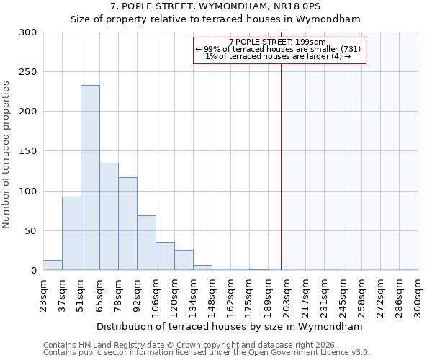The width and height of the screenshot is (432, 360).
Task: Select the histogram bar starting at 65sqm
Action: (109, 217)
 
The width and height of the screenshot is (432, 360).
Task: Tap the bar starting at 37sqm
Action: (71, 233)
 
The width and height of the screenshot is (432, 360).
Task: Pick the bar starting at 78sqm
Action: (127, 224)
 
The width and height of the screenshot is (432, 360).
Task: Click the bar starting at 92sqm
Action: (146, 243)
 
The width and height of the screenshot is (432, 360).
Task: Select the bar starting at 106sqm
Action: (165, 256)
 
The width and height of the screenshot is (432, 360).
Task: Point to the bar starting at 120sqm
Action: (184, 260)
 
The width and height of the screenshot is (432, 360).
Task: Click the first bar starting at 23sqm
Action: (53, 265)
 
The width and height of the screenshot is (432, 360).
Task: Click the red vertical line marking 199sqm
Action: (281, 166)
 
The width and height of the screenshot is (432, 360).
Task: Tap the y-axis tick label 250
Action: (28, 72)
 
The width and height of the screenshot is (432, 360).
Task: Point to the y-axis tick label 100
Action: (28, 192)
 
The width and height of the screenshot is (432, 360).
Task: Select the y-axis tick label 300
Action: (28, 32)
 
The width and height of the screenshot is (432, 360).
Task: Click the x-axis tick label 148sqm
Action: (212, 294)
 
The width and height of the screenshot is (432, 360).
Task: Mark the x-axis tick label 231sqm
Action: (324, 294)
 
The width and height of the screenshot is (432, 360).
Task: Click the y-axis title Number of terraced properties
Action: (7, 155)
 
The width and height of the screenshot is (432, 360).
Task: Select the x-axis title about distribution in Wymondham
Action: (230, 326)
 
